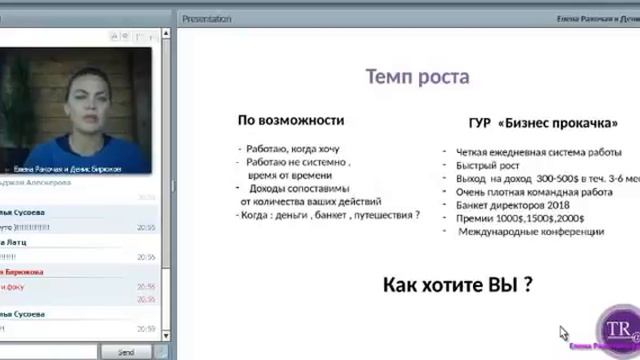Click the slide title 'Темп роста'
point(417,77)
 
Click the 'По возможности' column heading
point(290,120)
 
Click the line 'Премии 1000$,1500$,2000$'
point(520,218)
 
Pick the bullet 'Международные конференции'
point(531,231)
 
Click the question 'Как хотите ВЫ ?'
point(458,286)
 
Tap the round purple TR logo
point(613,331)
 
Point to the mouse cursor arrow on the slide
point(564,333)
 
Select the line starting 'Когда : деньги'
point(327,214)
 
